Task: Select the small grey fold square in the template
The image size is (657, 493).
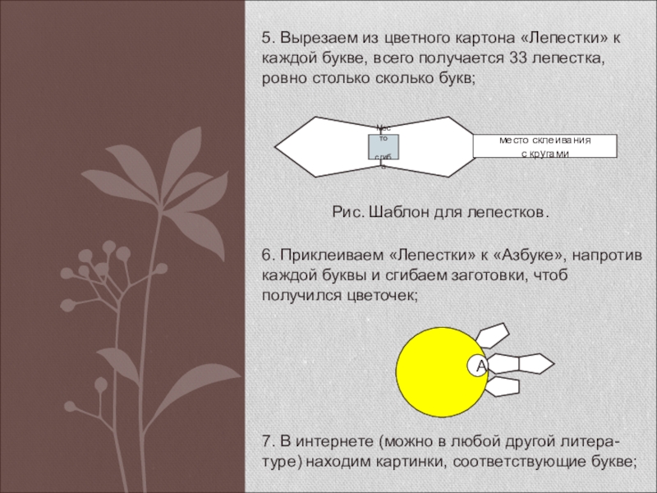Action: coord(383,146)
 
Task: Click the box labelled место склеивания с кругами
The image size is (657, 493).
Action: coord(544,145)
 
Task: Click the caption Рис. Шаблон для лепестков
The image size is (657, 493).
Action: coord(439,213)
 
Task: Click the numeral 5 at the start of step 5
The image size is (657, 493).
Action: coord(267,38)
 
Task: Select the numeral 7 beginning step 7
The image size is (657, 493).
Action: coord(267,441)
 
